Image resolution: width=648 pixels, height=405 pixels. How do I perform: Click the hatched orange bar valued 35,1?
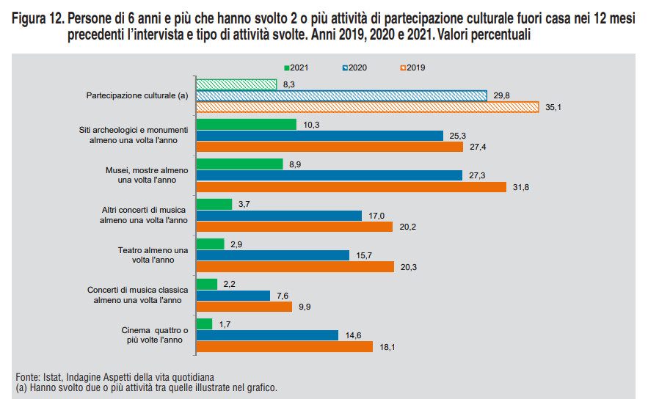click(x=368, y=107)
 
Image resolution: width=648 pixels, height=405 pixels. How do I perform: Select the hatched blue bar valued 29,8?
click(x=341, y=95)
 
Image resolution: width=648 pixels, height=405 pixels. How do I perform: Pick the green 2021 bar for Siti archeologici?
click(x=246, y=125)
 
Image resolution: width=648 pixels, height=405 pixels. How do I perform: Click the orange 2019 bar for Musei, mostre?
click(x=351, y=187)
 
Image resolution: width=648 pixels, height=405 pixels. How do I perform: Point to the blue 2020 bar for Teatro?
click(x=272, y=255)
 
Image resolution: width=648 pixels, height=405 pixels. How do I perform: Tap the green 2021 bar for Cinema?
click(x=204, y=324)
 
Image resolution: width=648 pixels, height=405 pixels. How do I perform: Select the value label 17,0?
click(x=377, y=216)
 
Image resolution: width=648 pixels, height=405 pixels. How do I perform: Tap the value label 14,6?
click(x=354, y=335)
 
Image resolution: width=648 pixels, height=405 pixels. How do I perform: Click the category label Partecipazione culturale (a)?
click(x=137, y=96)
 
